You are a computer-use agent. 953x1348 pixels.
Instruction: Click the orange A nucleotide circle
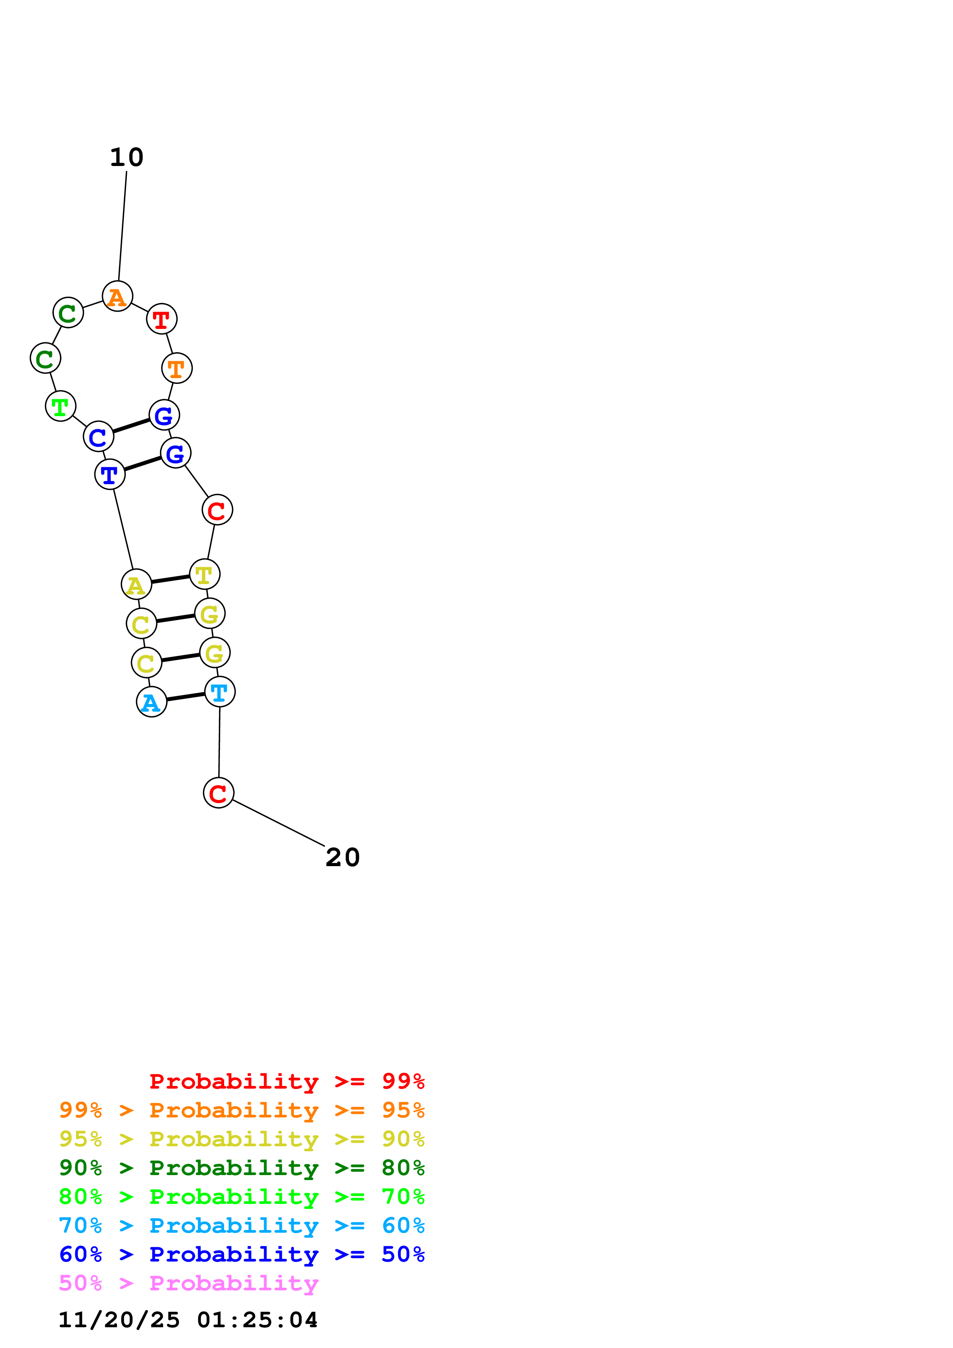117,296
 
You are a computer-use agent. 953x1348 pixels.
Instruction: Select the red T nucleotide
161,319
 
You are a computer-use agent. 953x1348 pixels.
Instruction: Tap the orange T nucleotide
177,368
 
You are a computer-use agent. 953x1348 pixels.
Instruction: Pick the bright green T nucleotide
60,406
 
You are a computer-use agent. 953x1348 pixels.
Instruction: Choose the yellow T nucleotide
205,574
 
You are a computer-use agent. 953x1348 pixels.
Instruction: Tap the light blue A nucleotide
151,702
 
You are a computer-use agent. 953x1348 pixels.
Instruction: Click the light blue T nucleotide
220,692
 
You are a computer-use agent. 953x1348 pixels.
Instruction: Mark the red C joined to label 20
218,793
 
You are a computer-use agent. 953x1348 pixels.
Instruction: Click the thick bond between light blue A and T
186,697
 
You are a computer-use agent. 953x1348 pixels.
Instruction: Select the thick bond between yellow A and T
170,579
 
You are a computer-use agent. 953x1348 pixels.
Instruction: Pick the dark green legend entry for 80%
241,1168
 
